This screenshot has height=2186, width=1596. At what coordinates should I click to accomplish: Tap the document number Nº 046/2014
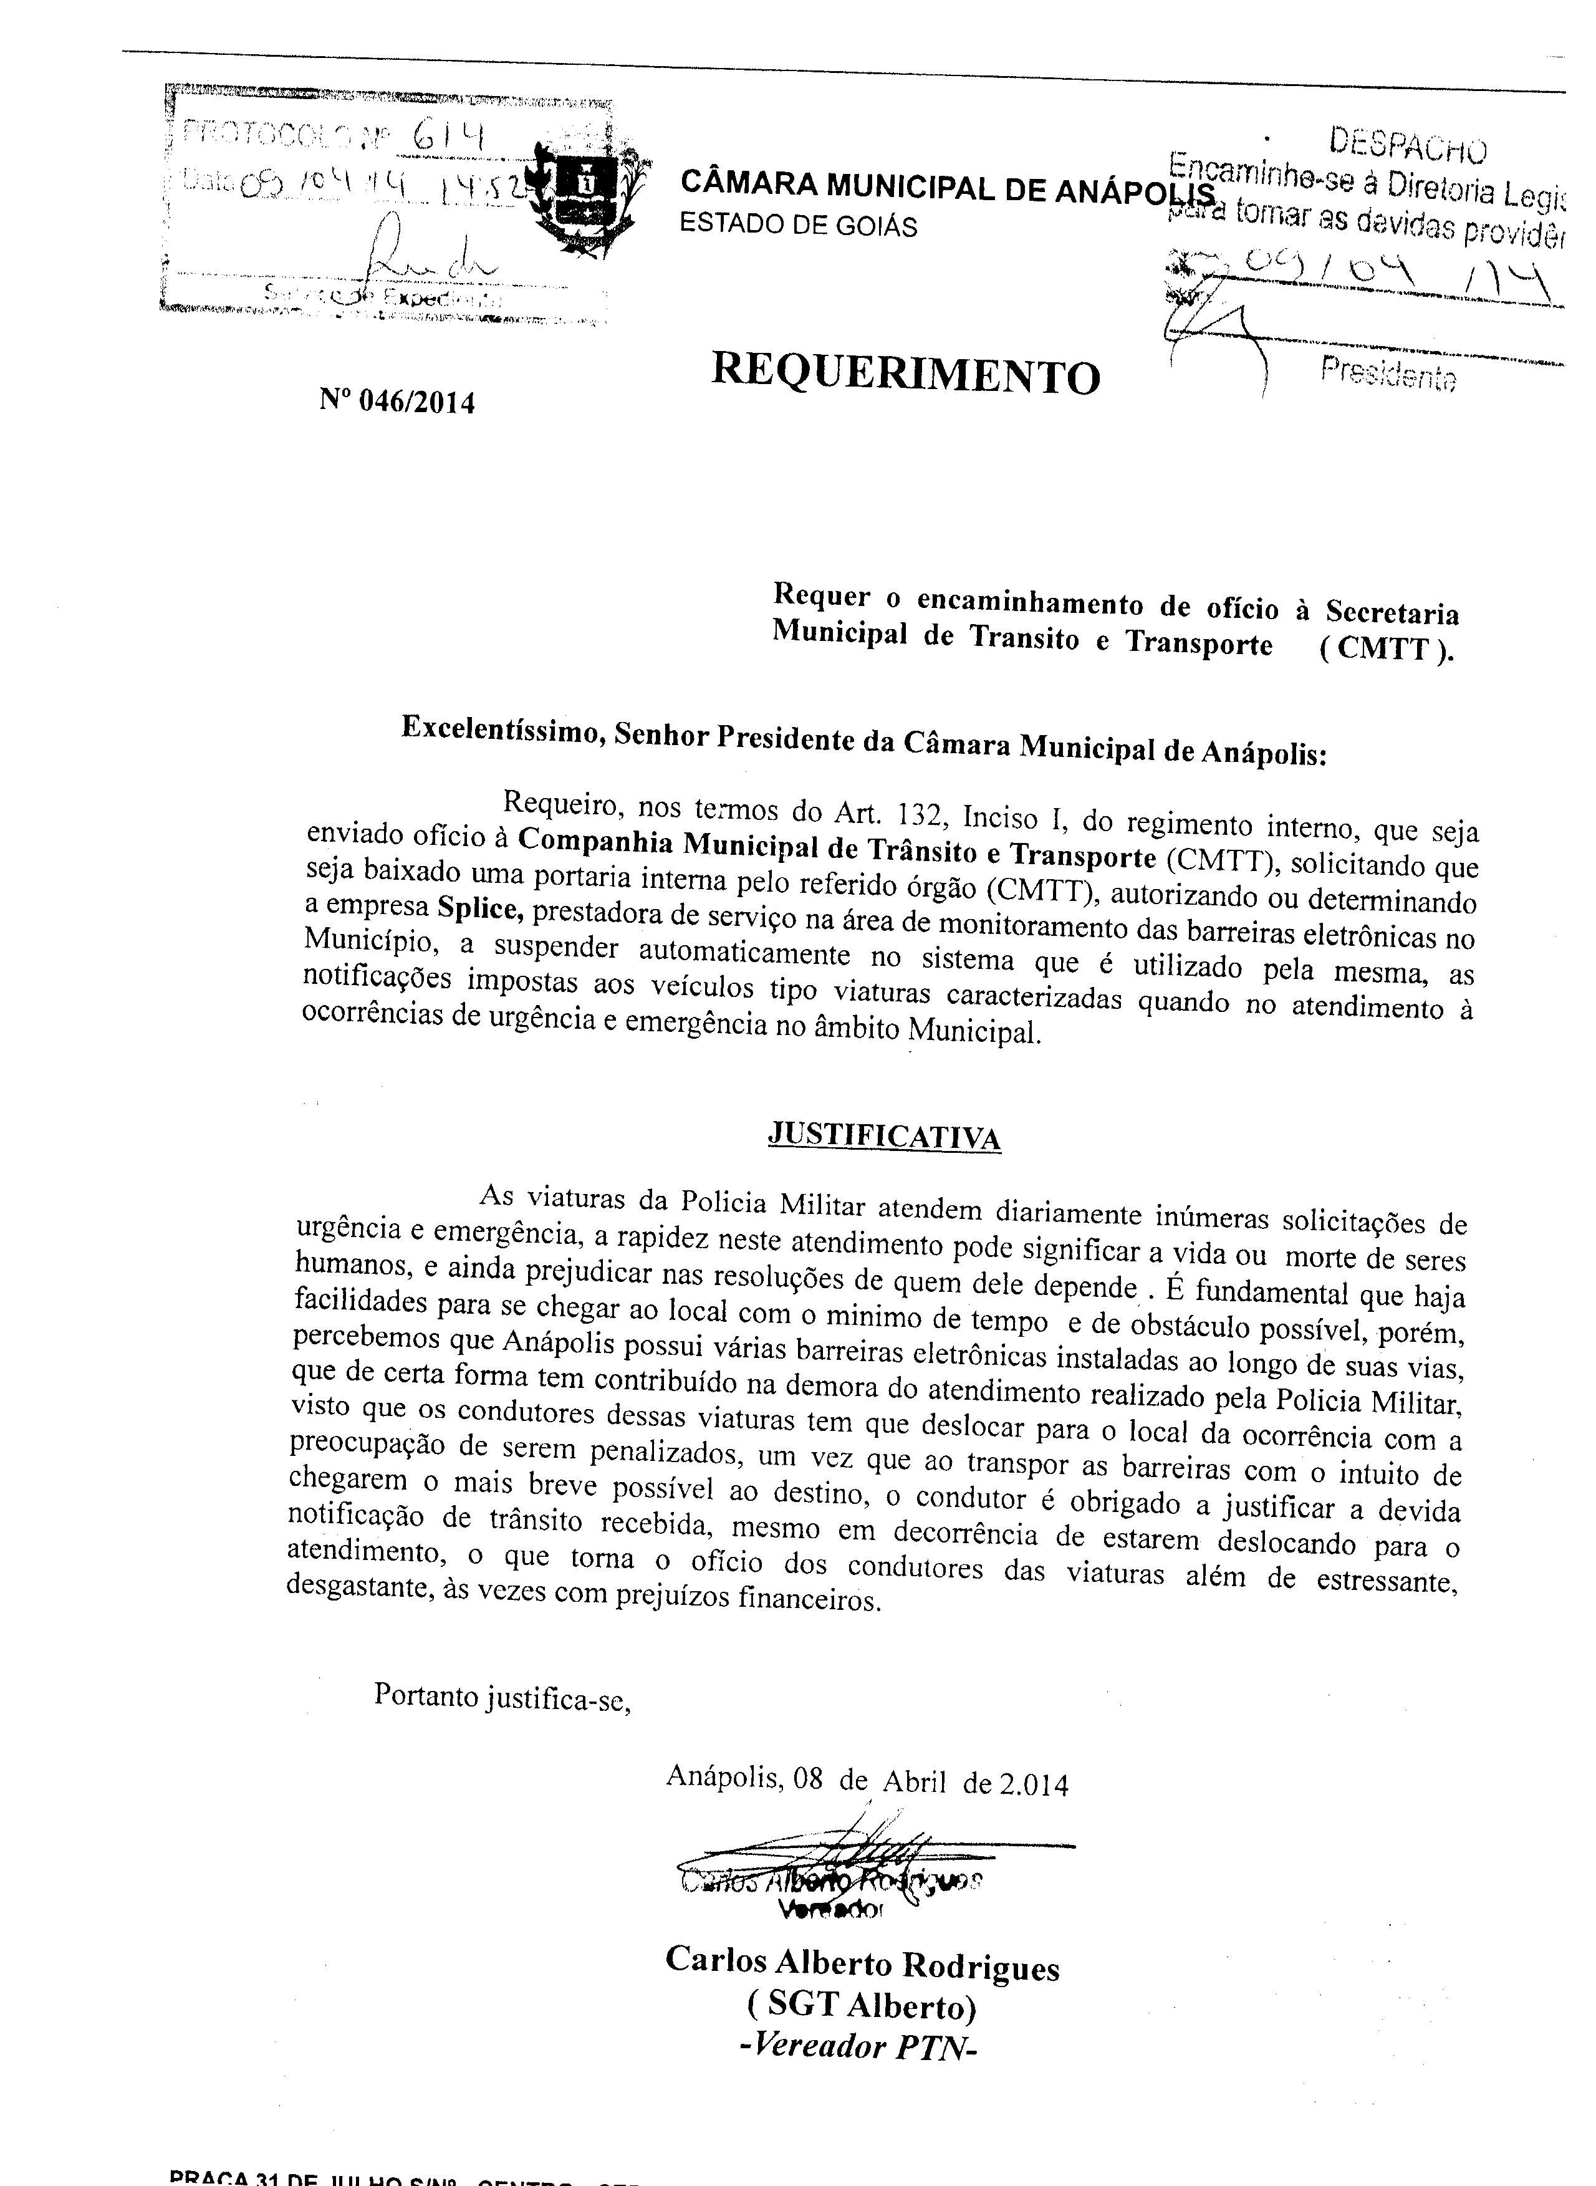coord(397,400)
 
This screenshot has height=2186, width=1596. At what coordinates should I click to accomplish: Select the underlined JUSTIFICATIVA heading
coord(883,1135)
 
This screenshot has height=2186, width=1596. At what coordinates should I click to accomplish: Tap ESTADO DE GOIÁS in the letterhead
coord(798,225)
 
